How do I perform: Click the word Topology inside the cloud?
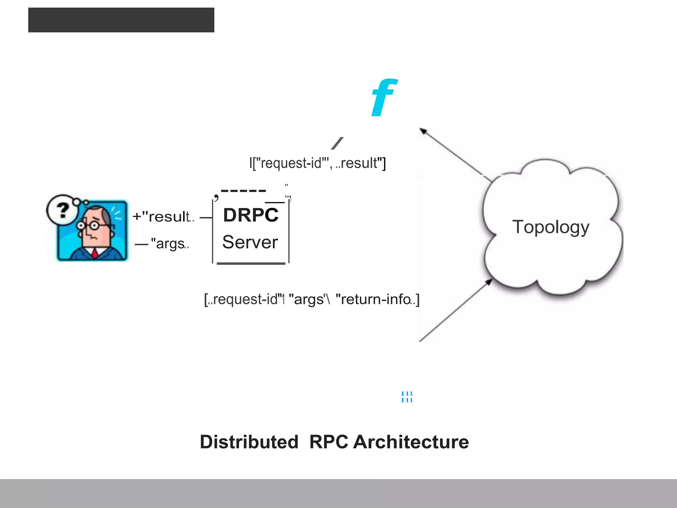(x=551, y=227)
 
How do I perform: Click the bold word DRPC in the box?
(x=251, y=215)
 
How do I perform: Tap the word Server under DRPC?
(x=250, y=242)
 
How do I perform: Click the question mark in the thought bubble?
(x=62, y=210)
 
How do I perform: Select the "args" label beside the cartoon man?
(x=169, y=244)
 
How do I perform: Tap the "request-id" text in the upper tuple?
(x=291, y=163)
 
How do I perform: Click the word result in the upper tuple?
(x=359, y=163)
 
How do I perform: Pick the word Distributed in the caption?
(x=249, y=442)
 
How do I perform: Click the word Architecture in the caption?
(x=411, y=442)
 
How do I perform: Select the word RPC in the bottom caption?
(x=329, y=442)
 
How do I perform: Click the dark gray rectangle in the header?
(x=121, y=20)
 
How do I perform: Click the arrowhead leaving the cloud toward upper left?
(x=423, y=131)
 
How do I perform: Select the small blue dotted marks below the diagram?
(x=407, y=397)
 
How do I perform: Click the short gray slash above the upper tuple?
(x=337, y=143)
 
